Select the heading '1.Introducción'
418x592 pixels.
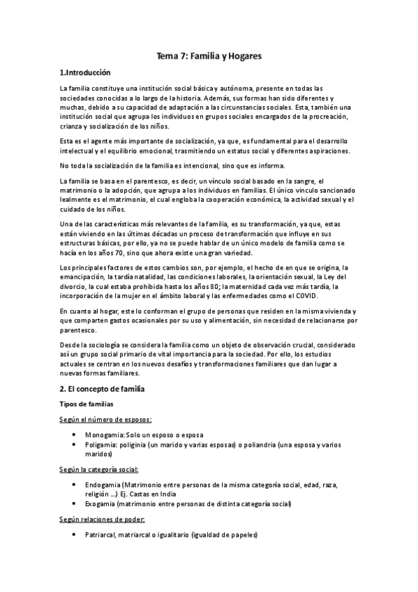tap(84, 73)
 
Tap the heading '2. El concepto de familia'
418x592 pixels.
tap(103, 387)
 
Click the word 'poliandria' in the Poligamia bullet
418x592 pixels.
tap(262, 444)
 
